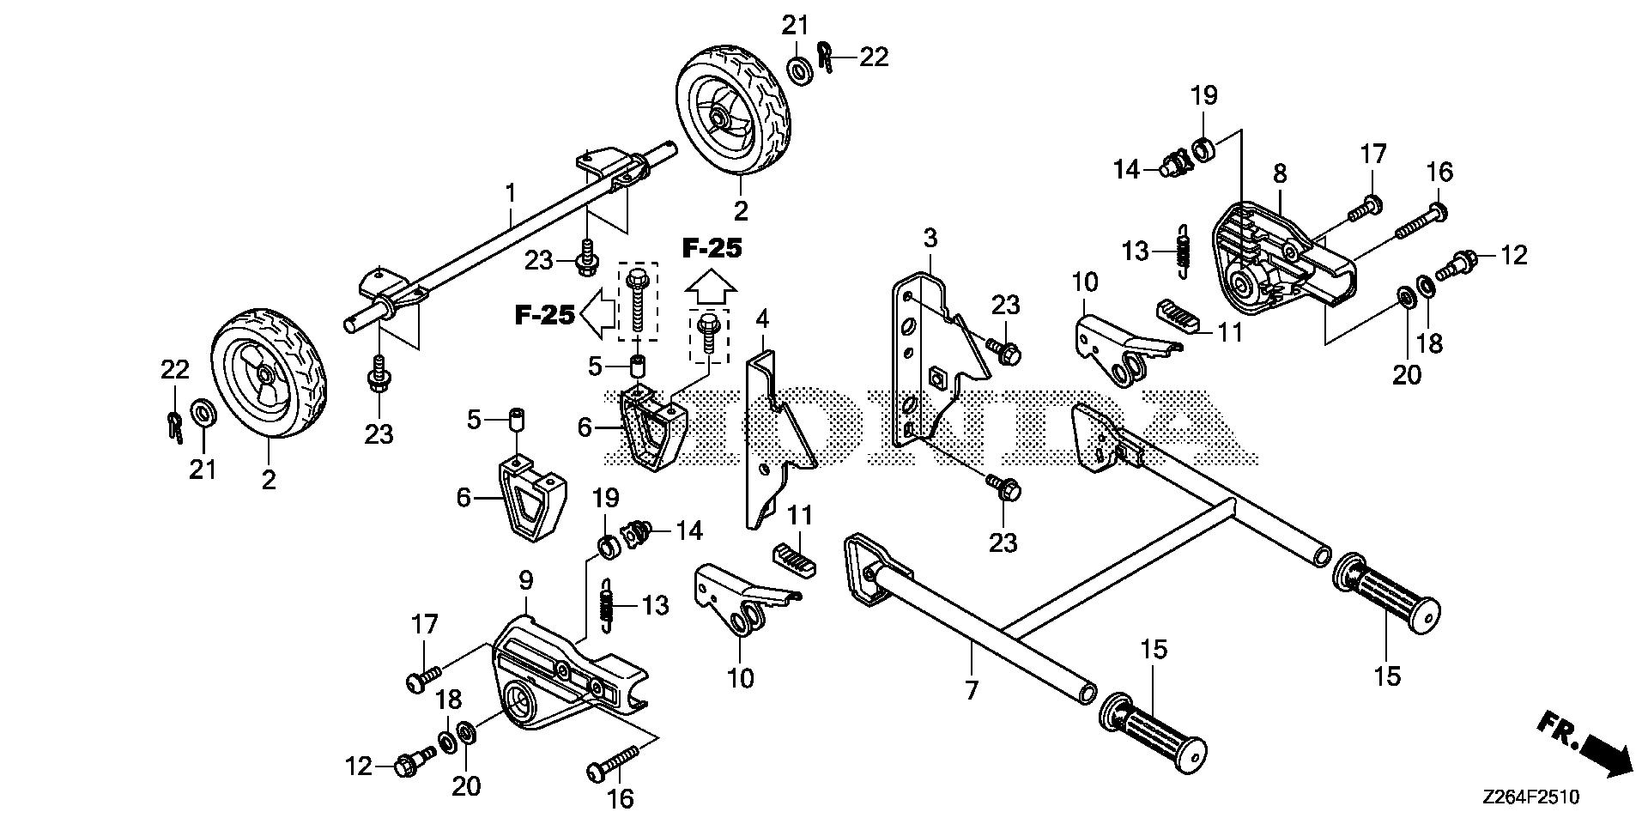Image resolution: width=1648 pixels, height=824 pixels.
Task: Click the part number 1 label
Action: [511, 193]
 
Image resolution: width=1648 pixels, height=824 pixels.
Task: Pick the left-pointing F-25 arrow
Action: [597, 316]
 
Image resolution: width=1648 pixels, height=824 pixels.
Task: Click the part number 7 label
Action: [971, 690]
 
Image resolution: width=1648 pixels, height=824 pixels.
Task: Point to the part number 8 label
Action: [1280, 174]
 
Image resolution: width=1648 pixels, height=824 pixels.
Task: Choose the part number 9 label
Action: [525, 581]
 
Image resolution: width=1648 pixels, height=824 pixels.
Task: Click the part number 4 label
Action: [762, 320]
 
